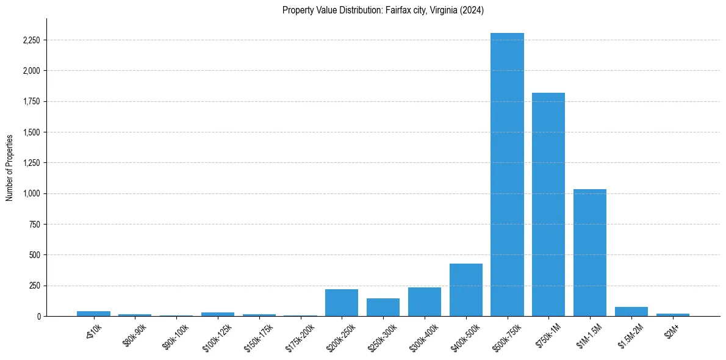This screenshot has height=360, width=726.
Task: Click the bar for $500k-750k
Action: point(507,175)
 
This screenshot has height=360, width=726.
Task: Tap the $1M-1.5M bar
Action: point(590,253)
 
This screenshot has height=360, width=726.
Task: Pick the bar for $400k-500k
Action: point(466,290)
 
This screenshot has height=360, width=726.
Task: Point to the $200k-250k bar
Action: point(342,303)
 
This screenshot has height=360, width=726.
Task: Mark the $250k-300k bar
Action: point(383,307)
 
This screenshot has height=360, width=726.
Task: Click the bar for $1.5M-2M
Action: point(631,311)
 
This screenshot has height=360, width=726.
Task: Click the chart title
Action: point(383,10)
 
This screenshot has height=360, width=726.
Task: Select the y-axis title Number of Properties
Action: point(10,167)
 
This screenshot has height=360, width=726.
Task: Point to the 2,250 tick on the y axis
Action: point(31,40)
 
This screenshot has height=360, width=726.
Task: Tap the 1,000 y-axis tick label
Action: point(31,193)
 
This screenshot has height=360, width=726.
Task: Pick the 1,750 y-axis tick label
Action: point(31,101)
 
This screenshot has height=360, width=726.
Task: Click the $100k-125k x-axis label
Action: point(218,333)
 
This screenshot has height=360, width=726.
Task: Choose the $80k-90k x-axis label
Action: point(135,331)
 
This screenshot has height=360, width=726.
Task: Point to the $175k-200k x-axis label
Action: point(300,333)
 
